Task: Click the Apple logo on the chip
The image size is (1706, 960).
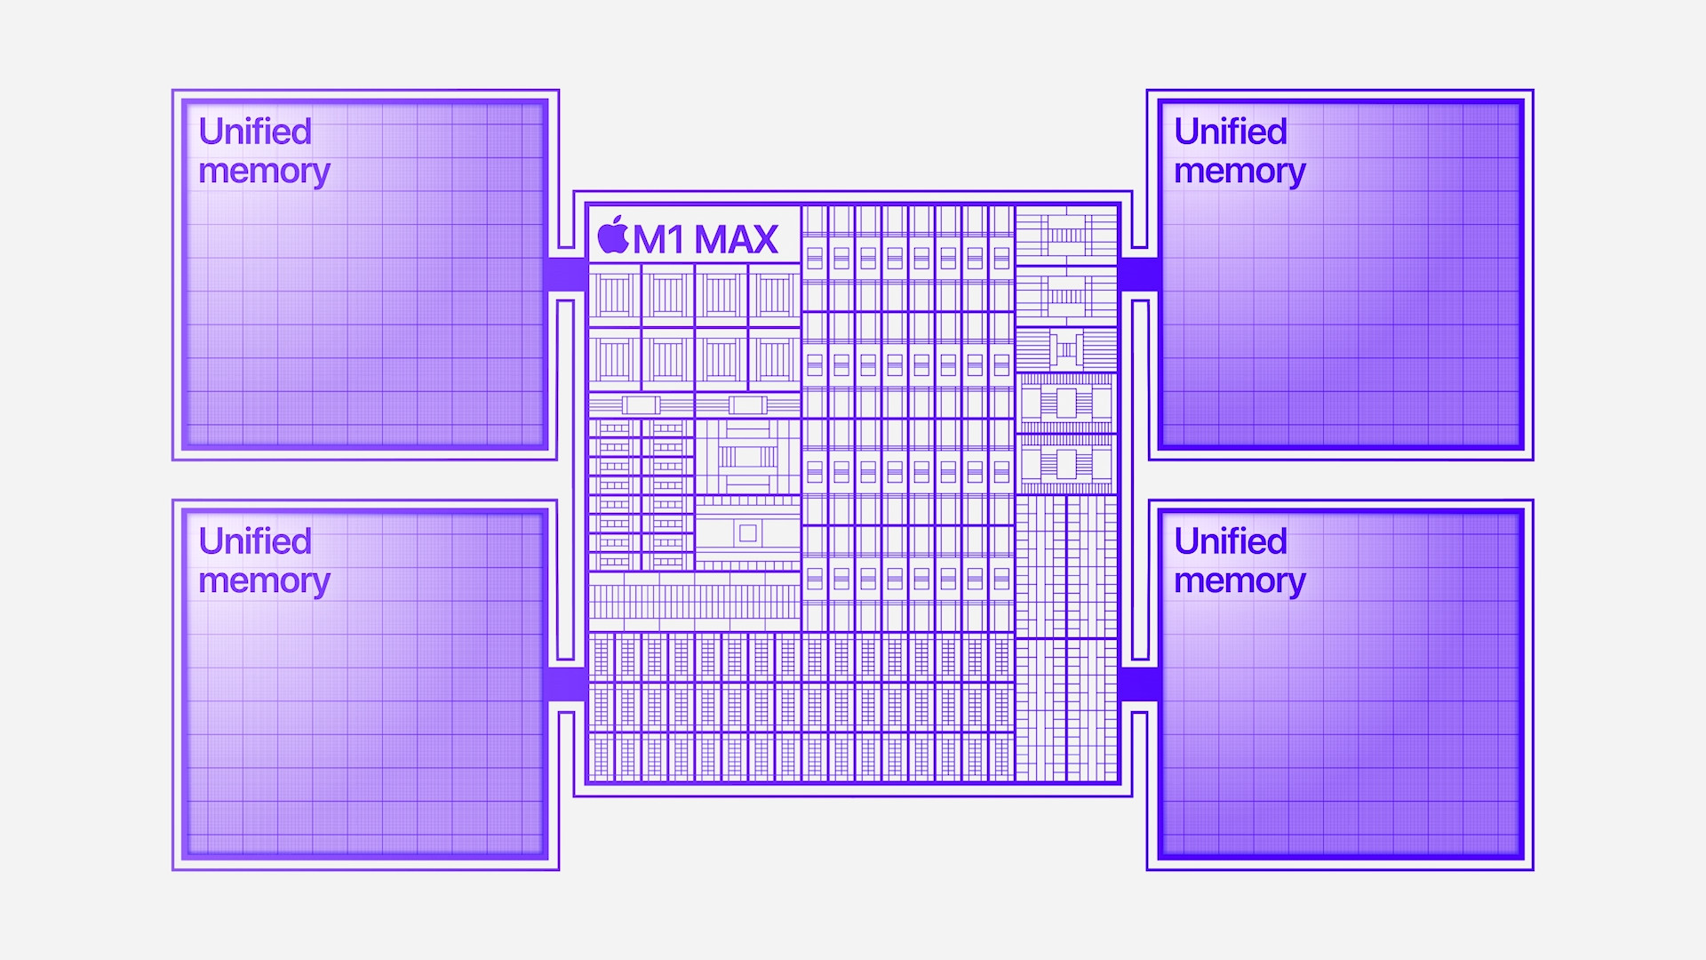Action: tap(613, 236)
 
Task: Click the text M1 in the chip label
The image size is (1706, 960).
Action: tap(659, 239)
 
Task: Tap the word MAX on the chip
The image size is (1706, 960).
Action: tap(736, 239)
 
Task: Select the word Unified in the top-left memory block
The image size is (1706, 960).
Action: tap(255, 132)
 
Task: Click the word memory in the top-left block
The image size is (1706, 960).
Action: tap(264, 171)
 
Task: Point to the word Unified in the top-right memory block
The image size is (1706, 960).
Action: tap(1231, 132)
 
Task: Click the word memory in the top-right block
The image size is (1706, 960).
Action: tap(1240, 171)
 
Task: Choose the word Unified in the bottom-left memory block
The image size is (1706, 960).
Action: tap(255, 541)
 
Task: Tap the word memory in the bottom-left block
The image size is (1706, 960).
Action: tap(264, 580)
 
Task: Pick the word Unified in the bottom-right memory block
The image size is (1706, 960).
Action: tap(1231, 541)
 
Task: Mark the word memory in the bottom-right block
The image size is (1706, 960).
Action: tap(1240, 580)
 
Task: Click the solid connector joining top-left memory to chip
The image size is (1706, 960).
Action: tap(566, 275)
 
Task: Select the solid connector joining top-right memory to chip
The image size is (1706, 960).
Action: tap(1139, 275)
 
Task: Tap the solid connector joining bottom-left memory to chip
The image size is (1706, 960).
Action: tap(566, 684)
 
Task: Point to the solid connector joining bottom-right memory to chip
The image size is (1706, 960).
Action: tap(1139, 684)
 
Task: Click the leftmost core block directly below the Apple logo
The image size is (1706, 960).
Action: tap(614, 296)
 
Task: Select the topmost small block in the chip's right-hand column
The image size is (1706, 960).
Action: tap(1066, 235)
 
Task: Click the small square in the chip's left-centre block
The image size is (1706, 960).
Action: tap(747, 533)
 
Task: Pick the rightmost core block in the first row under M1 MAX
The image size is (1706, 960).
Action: tap(774, 296)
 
